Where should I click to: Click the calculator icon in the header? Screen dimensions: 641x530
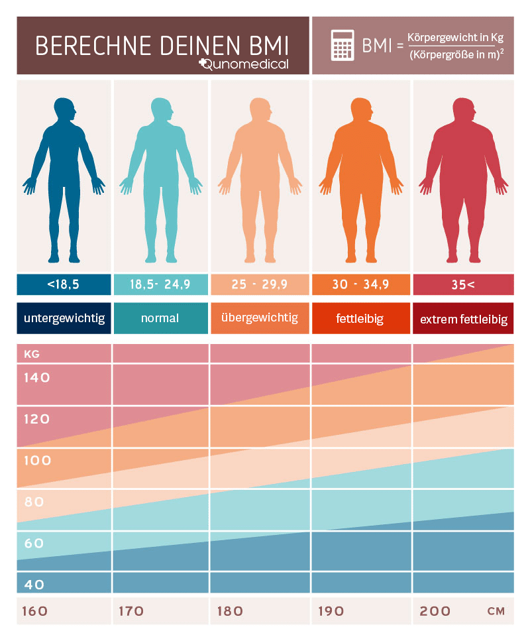[342, 46]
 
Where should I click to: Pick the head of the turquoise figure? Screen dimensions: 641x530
[161, 109]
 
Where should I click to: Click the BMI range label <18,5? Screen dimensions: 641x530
[64, 285]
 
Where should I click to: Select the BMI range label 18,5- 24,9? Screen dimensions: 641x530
[160, 285]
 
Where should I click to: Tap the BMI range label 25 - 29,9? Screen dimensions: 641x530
[260, 285]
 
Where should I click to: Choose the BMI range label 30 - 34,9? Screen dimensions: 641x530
[361, 285]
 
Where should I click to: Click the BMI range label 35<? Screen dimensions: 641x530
[462, 285]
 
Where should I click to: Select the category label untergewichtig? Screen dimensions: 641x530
[64, 318]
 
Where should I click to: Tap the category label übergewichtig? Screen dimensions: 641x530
[260, 318]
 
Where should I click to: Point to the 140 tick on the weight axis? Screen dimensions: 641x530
[37, 378]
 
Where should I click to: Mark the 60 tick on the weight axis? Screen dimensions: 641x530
[34, 543]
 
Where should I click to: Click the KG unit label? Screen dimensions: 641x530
[32, 354]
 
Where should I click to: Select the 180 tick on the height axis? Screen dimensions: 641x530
[230, 611]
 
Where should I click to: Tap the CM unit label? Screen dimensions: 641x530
[496, 611]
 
